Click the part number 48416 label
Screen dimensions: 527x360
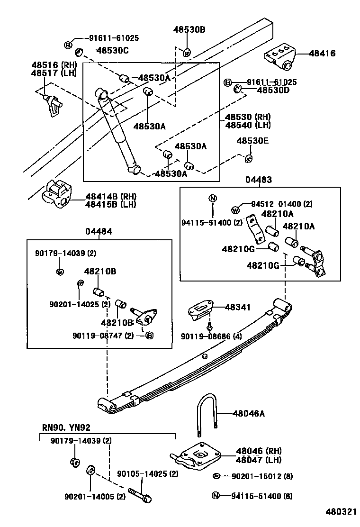click(322, 54)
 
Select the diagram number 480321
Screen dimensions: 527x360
click(339, 512)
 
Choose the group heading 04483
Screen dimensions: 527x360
click(259, 180)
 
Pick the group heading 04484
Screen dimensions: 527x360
click(99, 231)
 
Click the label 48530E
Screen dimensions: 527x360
click(252, 141)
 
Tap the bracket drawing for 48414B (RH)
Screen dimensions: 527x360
click(57, 195)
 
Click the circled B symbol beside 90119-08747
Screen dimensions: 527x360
click(149, 336)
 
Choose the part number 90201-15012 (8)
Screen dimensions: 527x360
click(262, 476)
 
